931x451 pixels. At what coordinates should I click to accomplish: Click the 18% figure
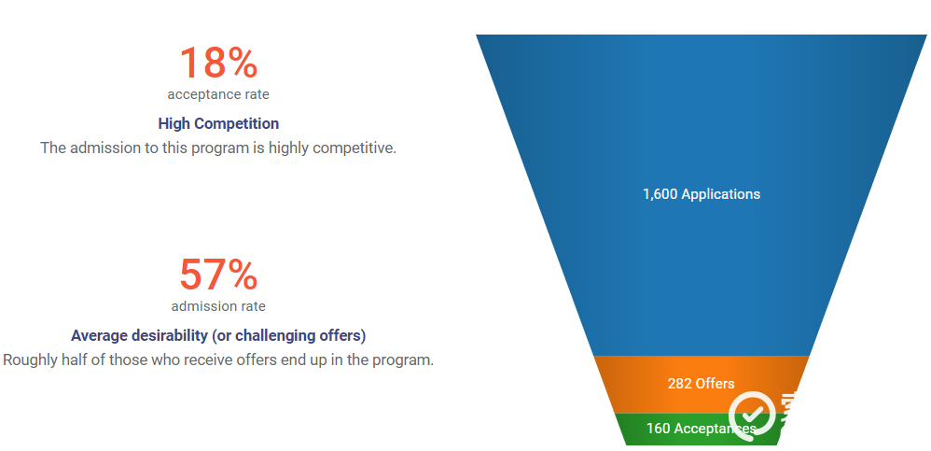coord(218,63)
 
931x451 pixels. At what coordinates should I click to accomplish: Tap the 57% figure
coord(218,274)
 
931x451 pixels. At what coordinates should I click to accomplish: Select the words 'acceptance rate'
coord(218,94)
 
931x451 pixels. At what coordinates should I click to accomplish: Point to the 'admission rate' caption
coord(218,306)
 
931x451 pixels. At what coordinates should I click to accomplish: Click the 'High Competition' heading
coord(218,123)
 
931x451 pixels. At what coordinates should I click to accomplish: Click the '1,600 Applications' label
coord(702,194)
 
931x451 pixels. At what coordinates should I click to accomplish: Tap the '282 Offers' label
coord(701,384)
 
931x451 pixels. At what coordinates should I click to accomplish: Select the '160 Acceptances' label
coord(702,429)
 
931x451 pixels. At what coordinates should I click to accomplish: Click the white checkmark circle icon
coord(752,416)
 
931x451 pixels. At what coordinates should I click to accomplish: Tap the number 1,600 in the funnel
coord(660,194)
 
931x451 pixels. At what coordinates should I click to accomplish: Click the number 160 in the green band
coord(659,429)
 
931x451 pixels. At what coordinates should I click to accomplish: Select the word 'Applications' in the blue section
coord(721,194)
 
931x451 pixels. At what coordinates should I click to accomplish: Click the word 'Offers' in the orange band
coord(716,384)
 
